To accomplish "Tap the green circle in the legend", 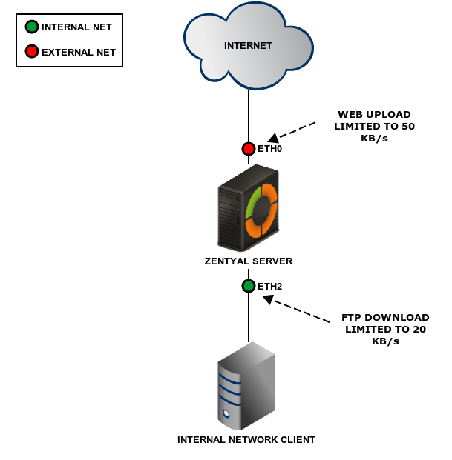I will [x=32, y=27].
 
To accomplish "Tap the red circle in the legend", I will [x=32, y=52].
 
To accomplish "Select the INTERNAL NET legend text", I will [x=76, y=27].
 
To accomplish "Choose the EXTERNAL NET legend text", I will [x=79, y=53].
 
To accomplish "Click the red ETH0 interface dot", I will [x=249, y=149].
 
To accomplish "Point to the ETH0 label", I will [x=269, y=149].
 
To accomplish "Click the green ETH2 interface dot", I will [x=249, y=286].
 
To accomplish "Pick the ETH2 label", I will [x=269, y=286].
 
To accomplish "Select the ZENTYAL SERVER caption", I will [x=249, y=261].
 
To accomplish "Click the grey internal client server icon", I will [x=246, y=385].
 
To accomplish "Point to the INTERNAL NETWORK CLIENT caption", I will [x=246, y=440].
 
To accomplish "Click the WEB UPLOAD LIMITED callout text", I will [x=376, y=126].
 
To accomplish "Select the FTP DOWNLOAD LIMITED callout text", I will [x=385, y=329].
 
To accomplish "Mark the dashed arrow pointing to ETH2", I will [x=297, y=310].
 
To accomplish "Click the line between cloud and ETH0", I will [x=249, y=115].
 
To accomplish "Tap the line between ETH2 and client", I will [x=249, y=319].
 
